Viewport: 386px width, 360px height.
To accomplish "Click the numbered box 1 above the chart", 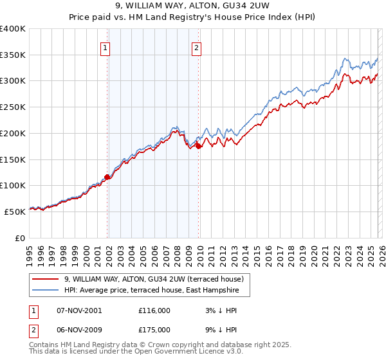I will [x=105, y=47].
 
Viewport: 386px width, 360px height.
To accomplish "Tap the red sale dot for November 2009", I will [x=198, y=146].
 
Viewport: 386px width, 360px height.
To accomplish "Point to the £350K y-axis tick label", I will [x=12, y=55].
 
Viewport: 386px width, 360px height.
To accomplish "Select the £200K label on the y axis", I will [x=12, y=134].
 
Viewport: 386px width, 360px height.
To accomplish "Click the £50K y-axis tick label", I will [x=14, y=212].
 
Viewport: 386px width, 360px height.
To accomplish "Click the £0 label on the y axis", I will [x=20, y=238].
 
